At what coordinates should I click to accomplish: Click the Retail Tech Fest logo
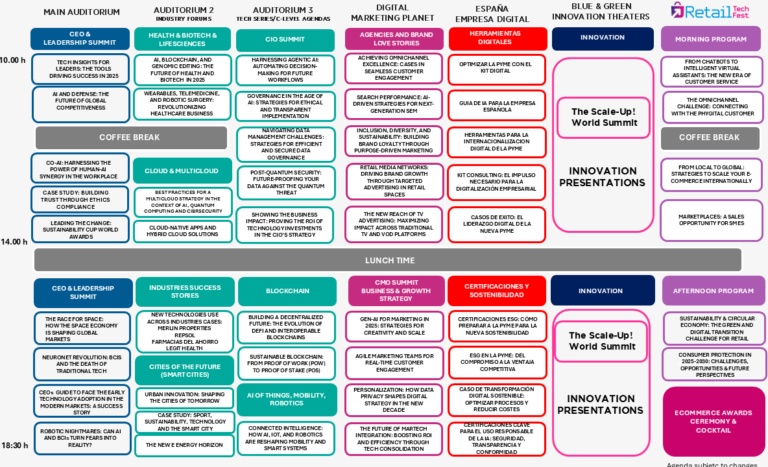pyautogui.click(x=710, y=11)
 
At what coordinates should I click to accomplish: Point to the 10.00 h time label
pyautogui.click(x=13, y=60)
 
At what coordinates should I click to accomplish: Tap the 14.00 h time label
pyautogui.click(x=14, y=242)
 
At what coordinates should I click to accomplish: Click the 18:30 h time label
pyautogui.click(x=15, y=446)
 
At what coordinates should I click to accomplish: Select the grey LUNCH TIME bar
pyautogui.click(x=388, y=260)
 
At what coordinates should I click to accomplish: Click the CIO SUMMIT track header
pyautogui.click(x=285, y=40)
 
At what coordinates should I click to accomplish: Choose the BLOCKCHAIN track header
pyautogui.click(x=287, y=291)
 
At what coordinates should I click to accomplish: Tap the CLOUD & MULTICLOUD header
pyautogui.click(x=182, y=171)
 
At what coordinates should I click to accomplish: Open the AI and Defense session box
pyautogui.click(x=81, y=104)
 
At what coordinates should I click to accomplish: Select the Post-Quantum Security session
pyautogui.click(x=286, y=183)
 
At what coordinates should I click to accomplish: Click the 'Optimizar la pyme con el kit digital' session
pyautogui.click(x=497, y=69)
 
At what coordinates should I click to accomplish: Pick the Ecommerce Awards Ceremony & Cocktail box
pyautogui.click(x=713, y=422)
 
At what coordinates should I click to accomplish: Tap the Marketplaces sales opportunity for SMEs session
pyautogui.click(x=711, y=221)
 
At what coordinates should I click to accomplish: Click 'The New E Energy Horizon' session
pyautogui.click(x=184, y=446)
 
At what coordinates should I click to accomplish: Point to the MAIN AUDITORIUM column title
pyautogui.click(x=81, y=12)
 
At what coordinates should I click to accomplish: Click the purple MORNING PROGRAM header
pyautogui.click(x=711, y=39)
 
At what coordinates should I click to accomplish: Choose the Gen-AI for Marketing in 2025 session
pyautogui.click(x=394, y=326)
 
